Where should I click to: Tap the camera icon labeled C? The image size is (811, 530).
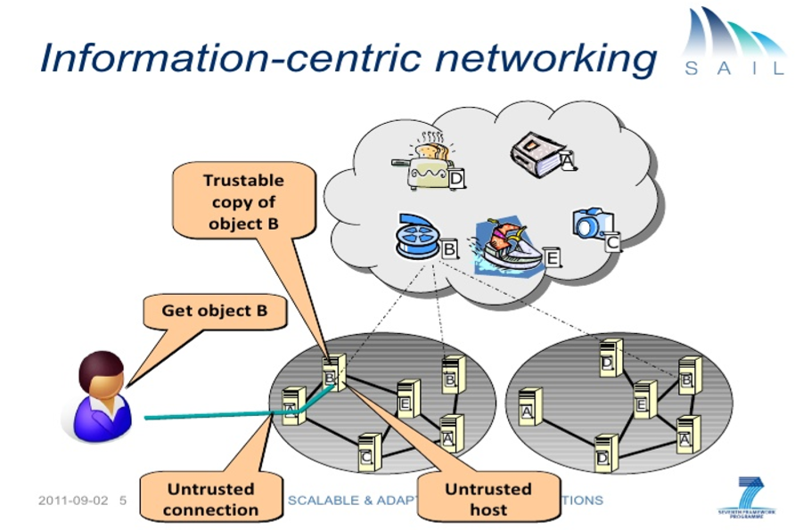[x=592, y=224]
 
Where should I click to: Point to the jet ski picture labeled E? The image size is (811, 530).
[x=512, y=245]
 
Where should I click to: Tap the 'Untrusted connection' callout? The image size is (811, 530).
[x=210, y=499]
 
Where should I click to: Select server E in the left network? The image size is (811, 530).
[x=407, y=398]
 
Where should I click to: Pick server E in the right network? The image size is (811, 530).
[x=644, y=399]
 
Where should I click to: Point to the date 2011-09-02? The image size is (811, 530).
[x=73, y=500]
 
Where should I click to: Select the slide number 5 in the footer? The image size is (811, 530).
[x=124, y=500]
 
